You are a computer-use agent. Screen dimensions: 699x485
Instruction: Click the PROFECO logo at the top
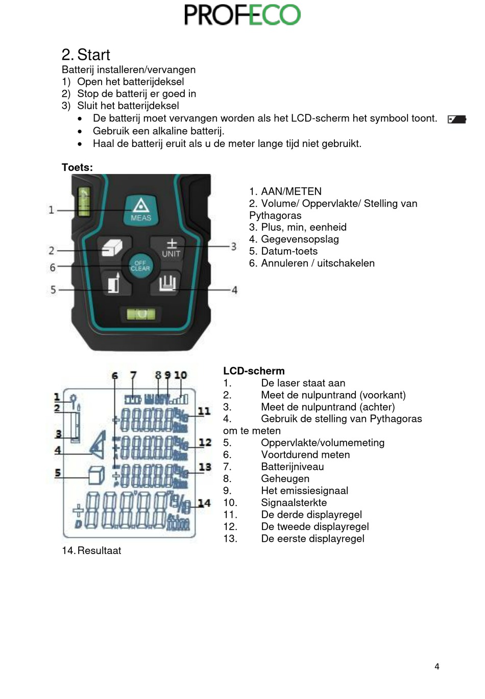(x=242, y=15)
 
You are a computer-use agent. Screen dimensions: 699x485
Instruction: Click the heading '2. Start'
(x=86, y=55)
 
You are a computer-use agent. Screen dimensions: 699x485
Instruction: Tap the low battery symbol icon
(x=456, y=119)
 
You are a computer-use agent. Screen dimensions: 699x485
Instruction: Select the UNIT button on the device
(x=171, y=248)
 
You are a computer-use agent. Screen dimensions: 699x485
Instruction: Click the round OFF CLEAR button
(x=140, y=266)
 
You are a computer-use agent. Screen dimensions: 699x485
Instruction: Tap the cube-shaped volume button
(x=112, y=248)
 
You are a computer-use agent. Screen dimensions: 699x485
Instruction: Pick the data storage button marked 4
(x=167, y=282)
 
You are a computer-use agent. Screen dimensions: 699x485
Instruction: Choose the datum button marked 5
(x=113, y=282)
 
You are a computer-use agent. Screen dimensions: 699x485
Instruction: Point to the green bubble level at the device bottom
(x=141, y=314)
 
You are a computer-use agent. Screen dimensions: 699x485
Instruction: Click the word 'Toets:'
(x=77, y=167)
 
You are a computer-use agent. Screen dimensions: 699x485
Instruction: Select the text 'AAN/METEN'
(x=291, y=191)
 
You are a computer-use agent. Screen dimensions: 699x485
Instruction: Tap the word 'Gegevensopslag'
(x=300, y=239)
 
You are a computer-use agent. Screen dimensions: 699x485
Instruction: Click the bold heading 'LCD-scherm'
(x=254, y=371)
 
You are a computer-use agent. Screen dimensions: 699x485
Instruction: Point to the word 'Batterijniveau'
(x=292, y=467)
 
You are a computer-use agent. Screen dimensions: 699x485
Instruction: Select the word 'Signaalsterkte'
(x=294, y=502)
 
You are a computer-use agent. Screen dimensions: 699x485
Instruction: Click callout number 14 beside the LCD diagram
(x=204, y=503)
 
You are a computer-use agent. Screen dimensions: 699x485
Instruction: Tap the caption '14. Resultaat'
(x=91, y=550)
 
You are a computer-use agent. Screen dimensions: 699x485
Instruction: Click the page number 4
(x=436, y=666)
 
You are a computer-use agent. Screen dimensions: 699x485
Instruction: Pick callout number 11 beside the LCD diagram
(x=204, y=411)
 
